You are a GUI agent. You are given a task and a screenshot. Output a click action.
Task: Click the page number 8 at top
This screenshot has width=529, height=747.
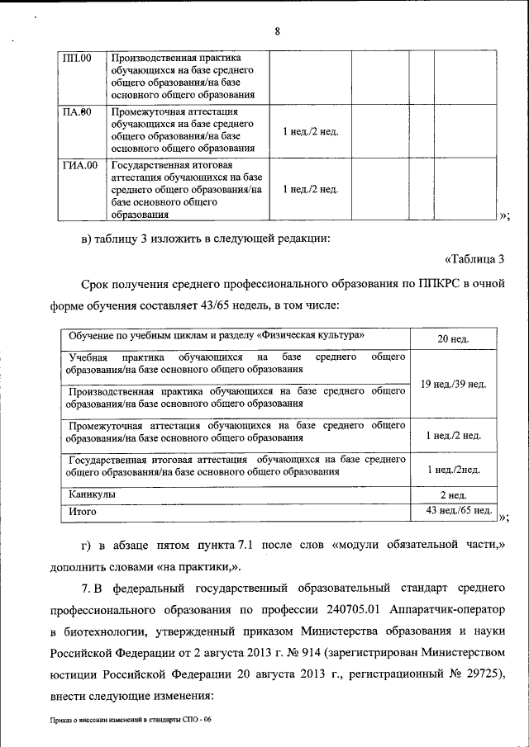pyautogui.click(x=278, y=31)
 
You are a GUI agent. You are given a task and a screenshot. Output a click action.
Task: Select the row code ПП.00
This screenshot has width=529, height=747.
pyautogui.click(x=78, y=59)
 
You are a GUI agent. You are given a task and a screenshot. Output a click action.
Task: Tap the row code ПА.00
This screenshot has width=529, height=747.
pyautogui.click(x=78, y=111)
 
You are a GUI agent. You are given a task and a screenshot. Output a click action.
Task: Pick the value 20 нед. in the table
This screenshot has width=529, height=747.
pyautogui.click(x=453, y=339)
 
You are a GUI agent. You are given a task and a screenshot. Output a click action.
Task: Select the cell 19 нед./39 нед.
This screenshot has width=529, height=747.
pyautogui.click(x=453, y=384)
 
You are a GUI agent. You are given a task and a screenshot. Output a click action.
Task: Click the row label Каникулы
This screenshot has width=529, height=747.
pyautogui.click(x=92, y=494)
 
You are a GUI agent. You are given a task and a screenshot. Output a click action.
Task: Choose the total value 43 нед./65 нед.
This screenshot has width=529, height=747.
pyautogui.click(x=454, y=511)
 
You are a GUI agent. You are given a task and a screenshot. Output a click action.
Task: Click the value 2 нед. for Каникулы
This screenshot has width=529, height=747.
pyautogui.click(x=453, y=494)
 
